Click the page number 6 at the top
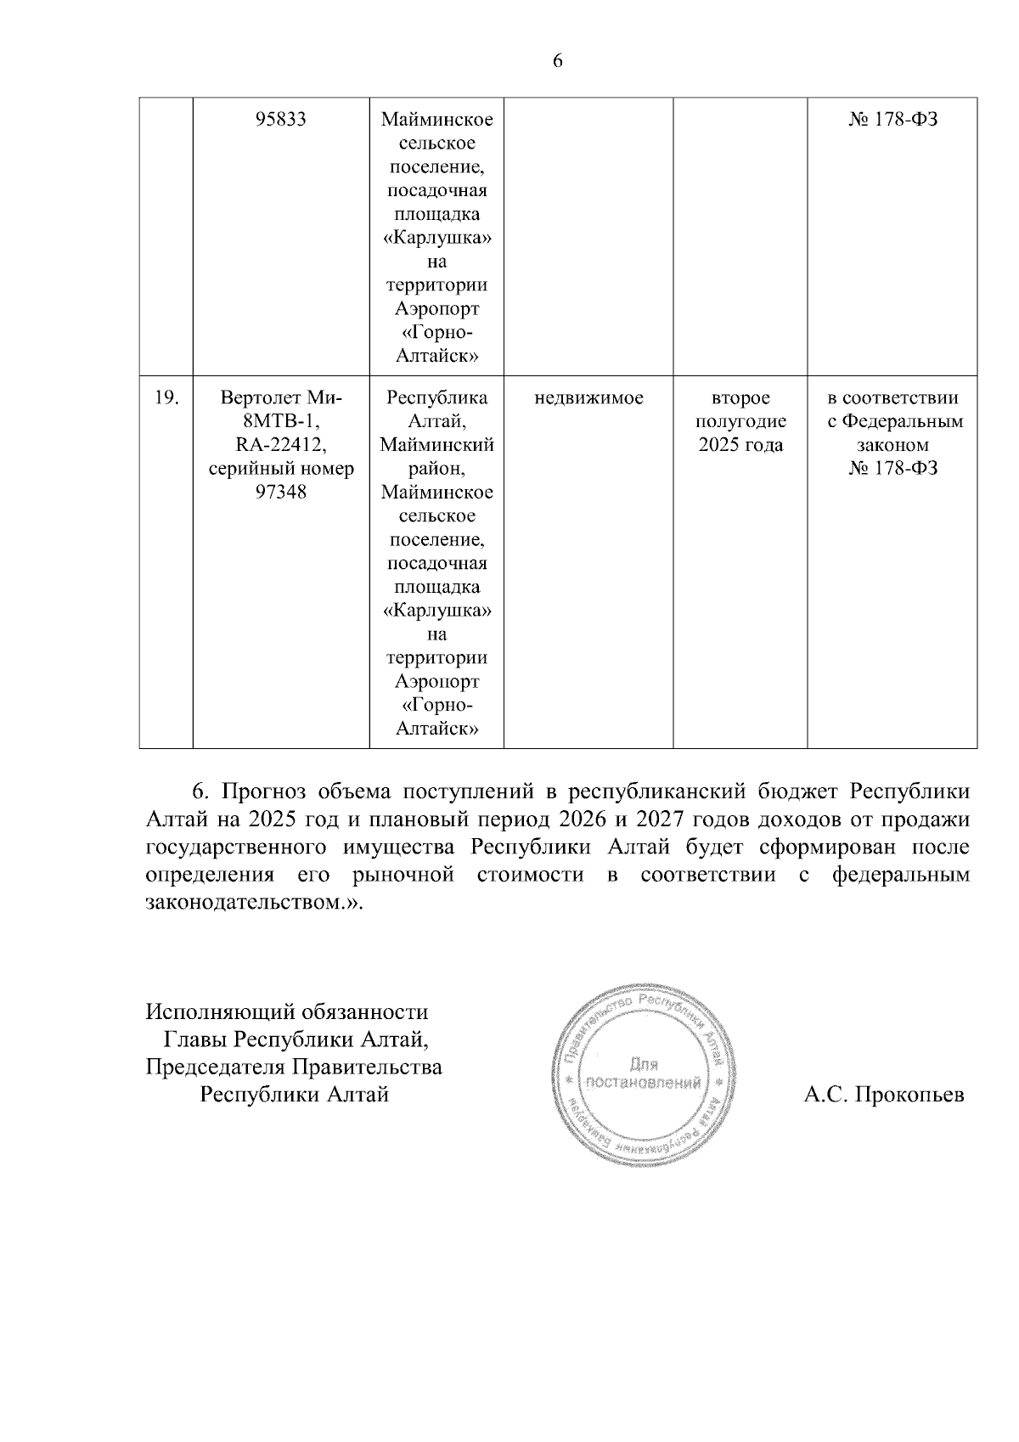558,60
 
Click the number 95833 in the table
280,120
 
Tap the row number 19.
166,397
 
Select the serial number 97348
280,493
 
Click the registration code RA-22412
280,445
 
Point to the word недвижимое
588,397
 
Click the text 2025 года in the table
740,445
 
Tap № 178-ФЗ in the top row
892,120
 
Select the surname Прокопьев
909,1095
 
